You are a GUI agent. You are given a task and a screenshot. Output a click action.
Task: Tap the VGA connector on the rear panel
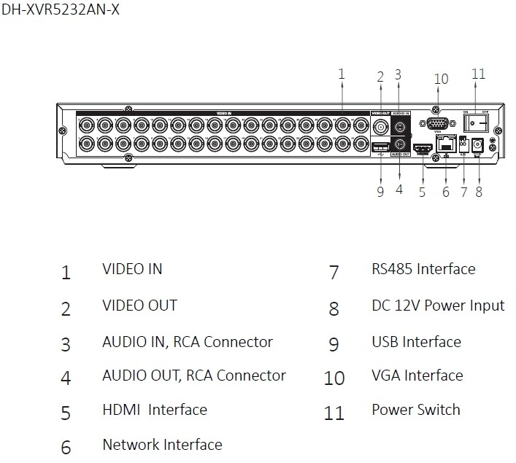pyautogui.click(x=438, y=123)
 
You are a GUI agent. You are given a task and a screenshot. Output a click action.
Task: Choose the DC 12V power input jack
pyautogui.click(x=479, y=144)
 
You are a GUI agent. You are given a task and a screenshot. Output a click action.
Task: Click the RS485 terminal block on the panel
pyautogui.click(x=463, y=144)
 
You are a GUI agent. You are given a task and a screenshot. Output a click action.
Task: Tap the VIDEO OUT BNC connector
pyautogui.click(x=380, y=127)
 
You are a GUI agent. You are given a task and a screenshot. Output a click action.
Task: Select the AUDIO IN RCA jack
pyautogui.click(x=399, y=127)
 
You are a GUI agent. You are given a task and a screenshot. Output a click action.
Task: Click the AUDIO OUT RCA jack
pyautogui.click(x=399, y=144)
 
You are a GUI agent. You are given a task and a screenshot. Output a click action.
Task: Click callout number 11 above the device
pyautogui.click(x=478, y=74)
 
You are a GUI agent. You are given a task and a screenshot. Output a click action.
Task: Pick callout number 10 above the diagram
pyautogui.click(x=440, y=79)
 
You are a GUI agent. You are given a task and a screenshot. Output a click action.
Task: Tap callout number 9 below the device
pyautogui.click(x=380, y=191)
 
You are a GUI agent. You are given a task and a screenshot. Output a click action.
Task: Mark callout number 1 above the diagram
pyautogui.click(x=341, y=73)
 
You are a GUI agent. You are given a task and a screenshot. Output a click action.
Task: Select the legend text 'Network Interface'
pyautogui.click(x=162, y=444)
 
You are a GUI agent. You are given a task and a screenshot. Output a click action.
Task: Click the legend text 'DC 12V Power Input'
pyautogui.click(x=438, y=305)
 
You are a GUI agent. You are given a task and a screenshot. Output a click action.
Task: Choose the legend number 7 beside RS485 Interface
pyautogui.click(x=334, y=273)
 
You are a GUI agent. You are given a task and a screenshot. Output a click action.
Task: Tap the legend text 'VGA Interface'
pyautogui.click(x=417, y=376)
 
